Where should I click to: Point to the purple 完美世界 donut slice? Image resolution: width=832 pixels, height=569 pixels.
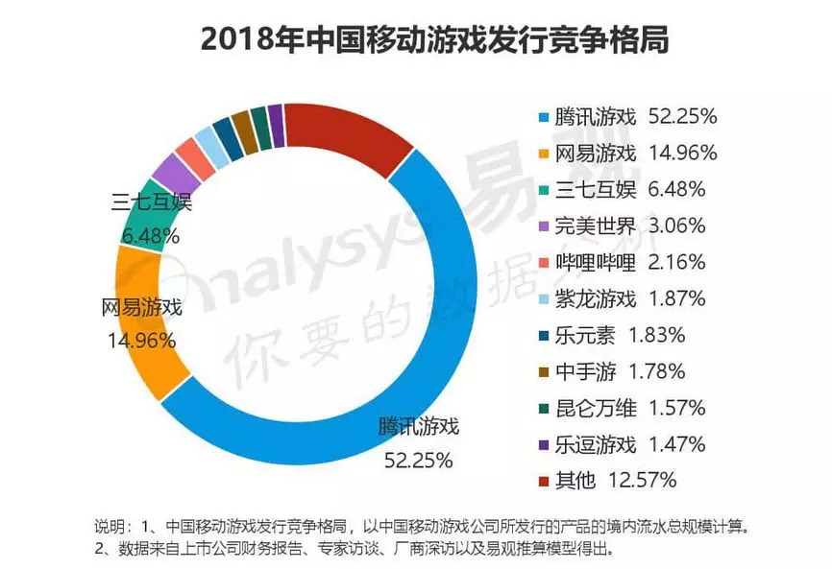click(x=171, y=174)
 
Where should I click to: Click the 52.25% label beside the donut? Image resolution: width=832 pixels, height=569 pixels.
click(x=417, y=461)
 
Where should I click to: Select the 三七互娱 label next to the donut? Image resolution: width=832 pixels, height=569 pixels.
click(x=152, y=202)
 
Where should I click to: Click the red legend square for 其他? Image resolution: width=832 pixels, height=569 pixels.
click(x=543, y=479)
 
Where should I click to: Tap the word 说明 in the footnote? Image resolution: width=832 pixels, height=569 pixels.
click(x=109, y=528)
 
